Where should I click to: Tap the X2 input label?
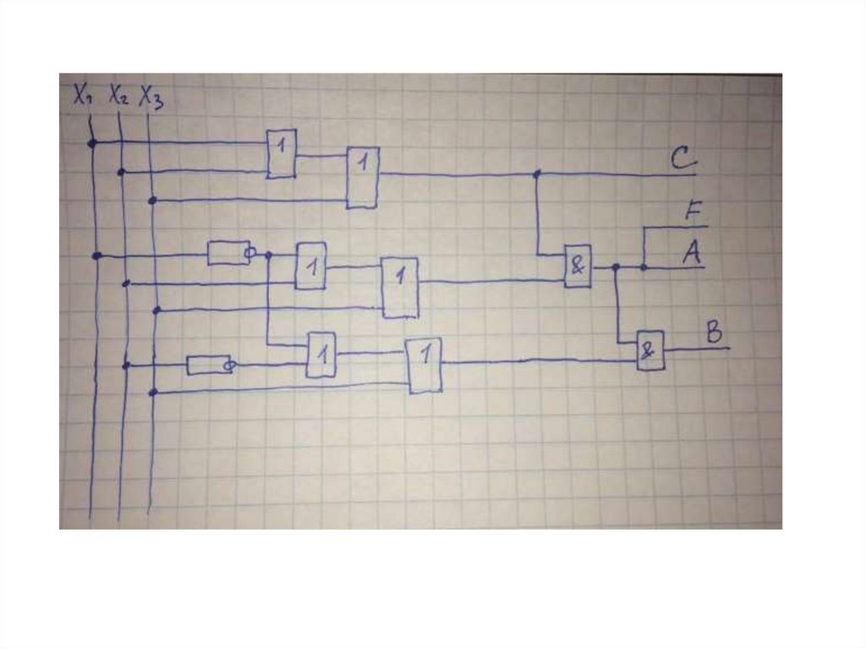[x=118, y=96]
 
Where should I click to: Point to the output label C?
[x=682, y=158]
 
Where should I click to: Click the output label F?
[x=693, y=212]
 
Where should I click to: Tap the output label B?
[x=715, y=333]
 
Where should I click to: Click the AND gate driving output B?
[x=650, y=349]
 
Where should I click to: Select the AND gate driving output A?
[x=578, y=267]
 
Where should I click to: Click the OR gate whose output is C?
[x=363, y=177]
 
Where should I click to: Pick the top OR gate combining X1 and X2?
[x=282, y=153]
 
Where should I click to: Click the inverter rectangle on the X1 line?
[x=227, y=252]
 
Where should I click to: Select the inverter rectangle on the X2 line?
[x=206, y=365]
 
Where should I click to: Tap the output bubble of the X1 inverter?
[x=249, y=252]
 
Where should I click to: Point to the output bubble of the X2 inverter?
[x=227, y=366]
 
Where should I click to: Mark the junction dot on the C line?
[x=536, y=174]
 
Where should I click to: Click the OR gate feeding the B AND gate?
[x=425, y=365]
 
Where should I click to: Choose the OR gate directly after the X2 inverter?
[x=321, y=355]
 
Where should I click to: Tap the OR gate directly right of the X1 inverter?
[x=310, y=266]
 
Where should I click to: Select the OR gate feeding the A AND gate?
[x=400, y=286]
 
